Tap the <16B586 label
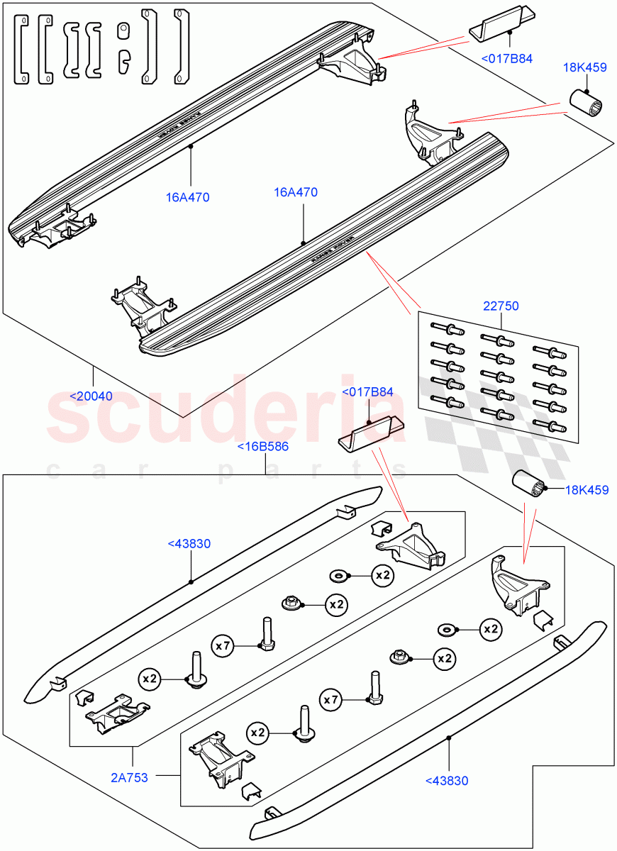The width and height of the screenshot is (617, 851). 262,447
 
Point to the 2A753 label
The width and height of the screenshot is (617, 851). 129,778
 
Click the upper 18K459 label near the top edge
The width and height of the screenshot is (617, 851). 584,68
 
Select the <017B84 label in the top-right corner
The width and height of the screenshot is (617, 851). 506,59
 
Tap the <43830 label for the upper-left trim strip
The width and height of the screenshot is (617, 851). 190,544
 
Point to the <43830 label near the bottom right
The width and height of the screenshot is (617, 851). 448,781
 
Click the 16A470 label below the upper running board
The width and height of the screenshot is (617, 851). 188,198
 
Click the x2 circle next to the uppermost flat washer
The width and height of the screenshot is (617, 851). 382,575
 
